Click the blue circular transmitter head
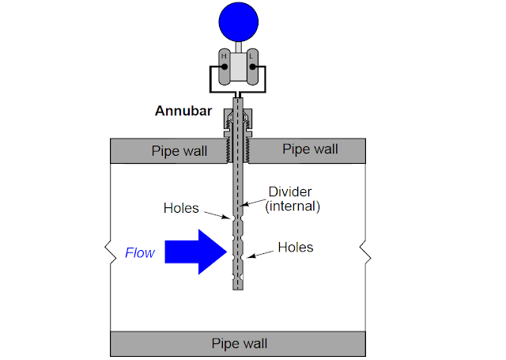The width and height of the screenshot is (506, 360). (237, 21)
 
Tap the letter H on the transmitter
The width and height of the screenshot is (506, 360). (225, 56)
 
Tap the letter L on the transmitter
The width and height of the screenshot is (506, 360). (251, 56)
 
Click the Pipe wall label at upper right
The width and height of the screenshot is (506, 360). (310, 149)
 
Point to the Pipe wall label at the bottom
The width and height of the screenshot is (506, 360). (240, 343)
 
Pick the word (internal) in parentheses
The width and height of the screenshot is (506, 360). (293, 207)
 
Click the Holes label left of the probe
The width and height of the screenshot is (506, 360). (181, 209)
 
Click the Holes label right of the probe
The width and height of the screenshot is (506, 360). (296, 248)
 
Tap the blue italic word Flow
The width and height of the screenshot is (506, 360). (140, 253)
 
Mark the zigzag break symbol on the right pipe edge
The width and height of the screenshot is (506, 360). (365, 252)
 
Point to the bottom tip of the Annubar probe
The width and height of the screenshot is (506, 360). (237, 288)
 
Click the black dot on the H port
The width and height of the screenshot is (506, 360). (225, 68)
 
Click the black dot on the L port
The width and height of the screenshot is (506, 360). (251, 68)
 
